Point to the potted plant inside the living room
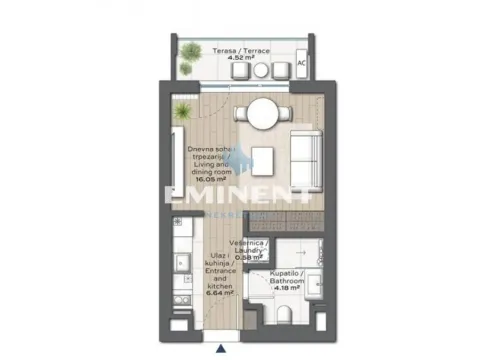pyautogui.click(x=182, y=109)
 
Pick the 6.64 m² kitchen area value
pyautogui.click(x=219, y=295)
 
